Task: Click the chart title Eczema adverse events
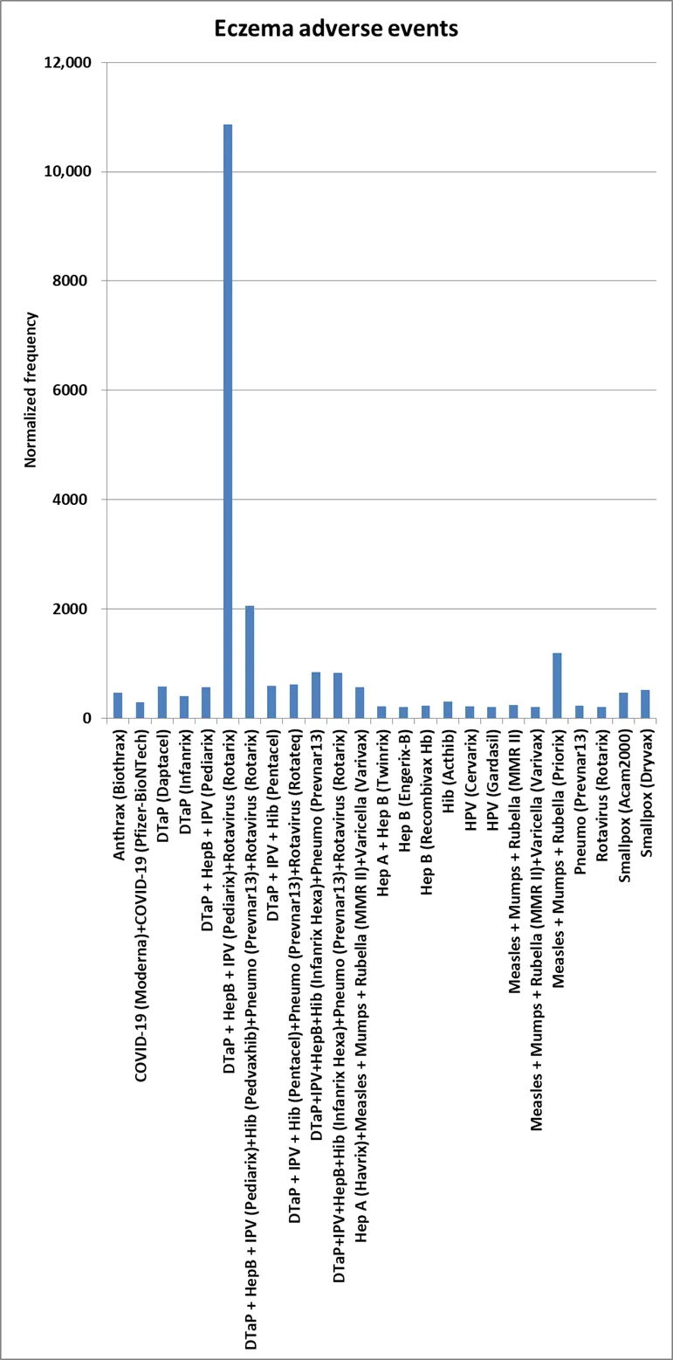336,28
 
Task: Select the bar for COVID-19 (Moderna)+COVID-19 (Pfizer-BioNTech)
140,710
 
